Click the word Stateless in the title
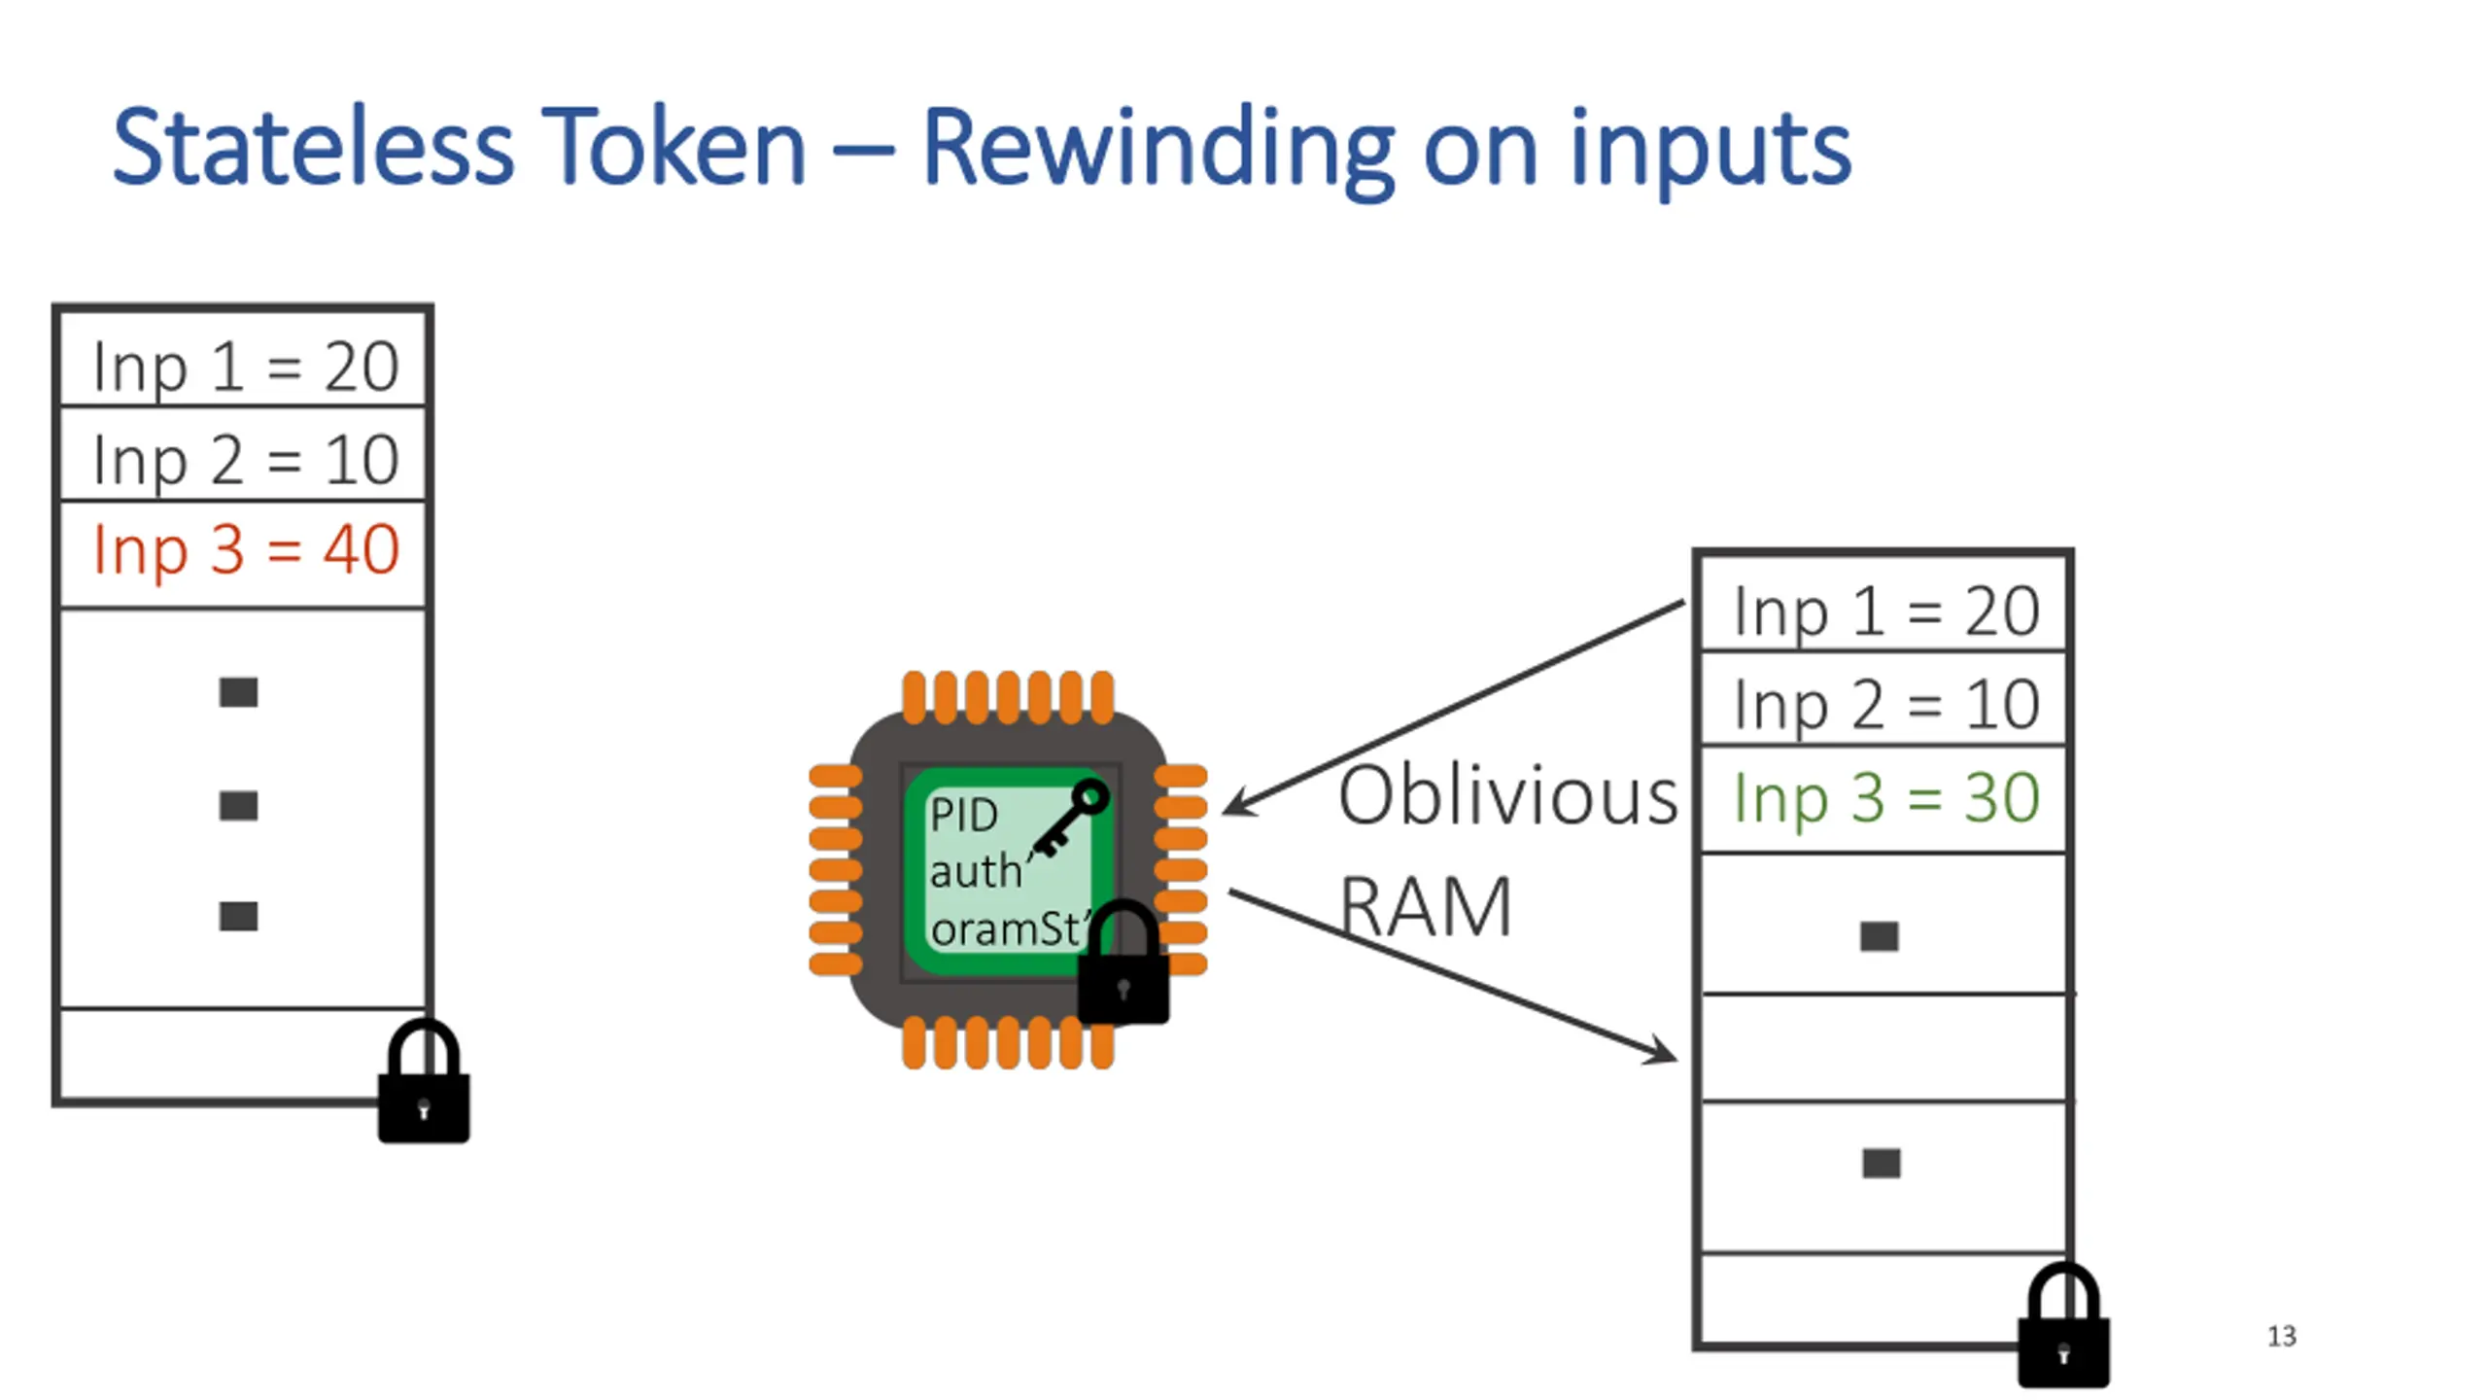click(x=313, y=146)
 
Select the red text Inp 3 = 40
click(x=246, y=551)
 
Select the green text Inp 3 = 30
click(x=1886, y=799)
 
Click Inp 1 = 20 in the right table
click(x=1886, y=612)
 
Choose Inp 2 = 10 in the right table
click(x=1886, y=705)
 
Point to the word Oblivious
click(x=1507, y=795)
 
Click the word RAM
click(x=1426, y=907)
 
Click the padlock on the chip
click(x=1123, y=962)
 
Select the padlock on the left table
click(x=424, y=1080)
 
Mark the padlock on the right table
click(x=2064, y=1324)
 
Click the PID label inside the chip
click(x=963, y=815)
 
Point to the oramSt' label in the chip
click(x=1011, y=928)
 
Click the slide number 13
click(x=2282, y=1336)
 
